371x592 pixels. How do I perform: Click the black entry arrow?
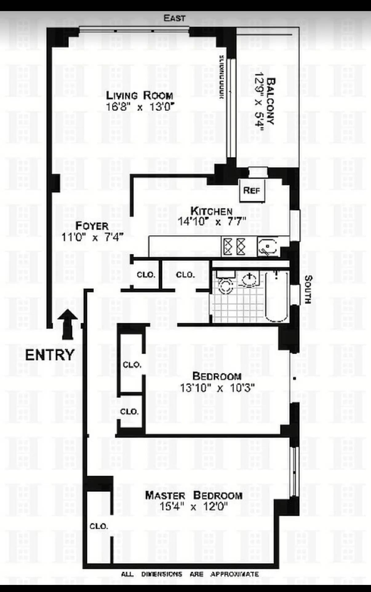[x=68, y=324]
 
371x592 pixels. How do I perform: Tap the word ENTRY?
[x=50, y=355]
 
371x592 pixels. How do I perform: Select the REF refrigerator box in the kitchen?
[x=252, y=191]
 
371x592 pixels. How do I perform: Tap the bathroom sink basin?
[x=249, y=280]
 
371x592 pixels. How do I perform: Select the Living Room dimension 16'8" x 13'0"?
[x=140, y=107]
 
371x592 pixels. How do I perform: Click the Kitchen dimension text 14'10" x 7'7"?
[x=212, y=221]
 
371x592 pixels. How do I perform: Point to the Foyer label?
[x=92, y=226]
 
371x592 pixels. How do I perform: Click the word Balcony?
[x=271, y=101]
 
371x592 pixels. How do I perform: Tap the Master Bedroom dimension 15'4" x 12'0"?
[x=193, y=506]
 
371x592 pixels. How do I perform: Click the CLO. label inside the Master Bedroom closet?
[x=99, y=526]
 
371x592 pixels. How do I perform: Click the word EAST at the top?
[x=174, y=18]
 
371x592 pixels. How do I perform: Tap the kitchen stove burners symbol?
[x=234, y=247]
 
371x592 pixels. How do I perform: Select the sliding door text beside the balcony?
[x=221, y=77]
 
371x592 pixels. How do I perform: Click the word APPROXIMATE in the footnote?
[x=234, y=574]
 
